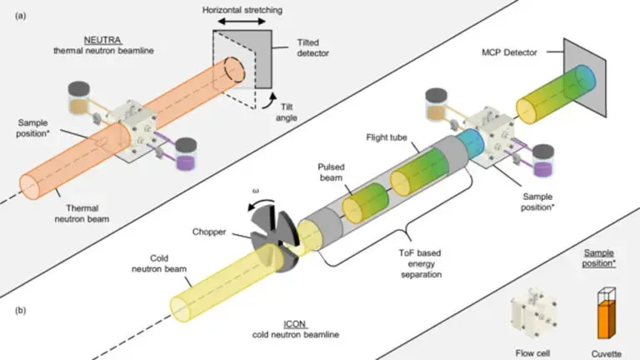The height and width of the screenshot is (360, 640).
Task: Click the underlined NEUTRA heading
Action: point(102,40)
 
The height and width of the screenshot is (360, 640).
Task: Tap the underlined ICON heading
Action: point(295,324)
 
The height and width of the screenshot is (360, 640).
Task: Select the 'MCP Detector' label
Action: point(509,52)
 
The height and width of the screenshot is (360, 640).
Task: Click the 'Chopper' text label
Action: point(209,232)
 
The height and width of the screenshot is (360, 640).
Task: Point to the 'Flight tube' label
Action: point(387,137)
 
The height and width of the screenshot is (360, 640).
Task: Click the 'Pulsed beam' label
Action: point(331,172)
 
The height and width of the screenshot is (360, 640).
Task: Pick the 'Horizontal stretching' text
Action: point(242,10)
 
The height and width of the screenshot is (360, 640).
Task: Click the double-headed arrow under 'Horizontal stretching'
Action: point(242,22)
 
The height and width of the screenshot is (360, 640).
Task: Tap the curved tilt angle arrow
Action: point(269,100)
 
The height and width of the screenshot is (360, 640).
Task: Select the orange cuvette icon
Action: point(607,313)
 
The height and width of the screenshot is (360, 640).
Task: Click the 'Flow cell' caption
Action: point(532,353)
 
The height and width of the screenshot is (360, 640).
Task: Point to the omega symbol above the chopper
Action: point(256,191)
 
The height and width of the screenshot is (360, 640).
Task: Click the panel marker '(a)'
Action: point(20,16)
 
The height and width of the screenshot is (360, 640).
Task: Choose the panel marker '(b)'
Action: point(20,310)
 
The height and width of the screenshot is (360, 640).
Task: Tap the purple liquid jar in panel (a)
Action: point(186,154)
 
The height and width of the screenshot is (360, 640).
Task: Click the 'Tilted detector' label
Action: point(312,47)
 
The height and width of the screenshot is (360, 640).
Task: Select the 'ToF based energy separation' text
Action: point(420,263)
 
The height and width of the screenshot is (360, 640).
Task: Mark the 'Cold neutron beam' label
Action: point(159,263)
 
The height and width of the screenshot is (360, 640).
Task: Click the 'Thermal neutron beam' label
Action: point(82,213)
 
